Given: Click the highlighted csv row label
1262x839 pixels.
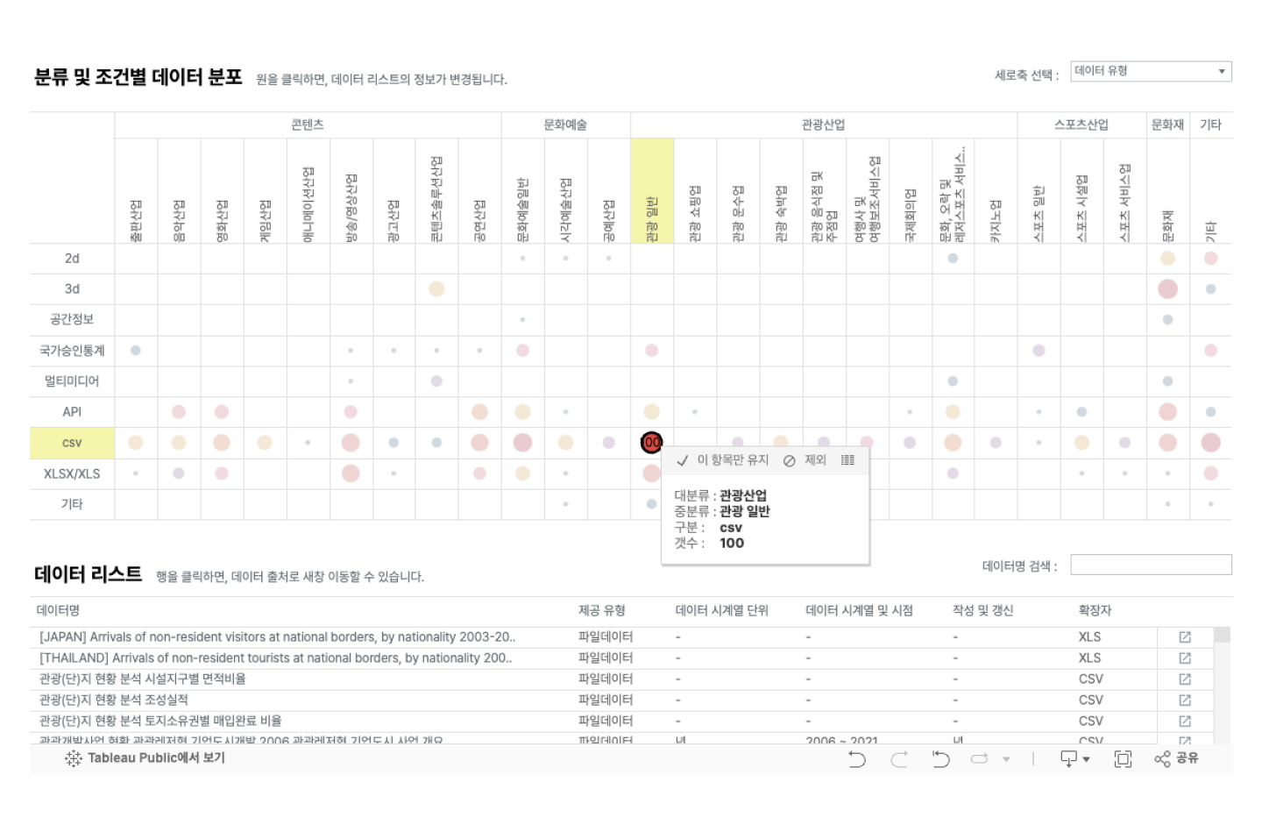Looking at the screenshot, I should [x=72, y=444].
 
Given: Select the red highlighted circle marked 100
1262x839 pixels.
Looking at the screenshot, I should [x=651, y=443].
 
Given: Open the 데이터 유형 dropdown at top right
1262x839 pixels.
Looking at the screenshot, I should [x=1151, y=71].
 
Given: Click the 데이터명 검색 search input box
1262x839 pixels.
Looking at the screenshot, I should [x=1151, y=565].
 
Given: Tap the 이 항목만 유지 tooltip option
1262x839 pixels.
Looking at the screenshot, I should [x=723, y=460].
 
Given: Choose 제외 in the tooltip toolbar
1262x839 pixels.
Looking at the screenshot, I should [x=805, y=460].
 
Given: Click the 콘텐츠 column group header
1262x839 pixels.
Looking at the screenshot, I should [x=308, y=124].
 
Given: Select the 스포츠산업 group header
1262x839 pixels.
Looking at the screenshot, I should [x=1081, y=124].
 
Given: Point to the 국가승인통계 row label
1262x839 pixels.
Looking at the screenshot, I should [x=72, y=351].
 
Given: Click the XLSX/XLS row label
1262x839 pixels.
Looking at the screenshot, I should [x=72, y=473].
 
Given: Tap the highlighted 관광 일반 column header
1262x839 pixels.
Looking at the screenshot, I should [x=652, y=191].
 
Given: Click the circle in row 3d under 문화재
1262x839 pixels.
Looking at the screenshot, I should [x=1167, y=288].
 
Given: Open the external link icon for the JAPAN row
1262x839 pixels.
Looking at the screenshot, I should [x=1185, y=637].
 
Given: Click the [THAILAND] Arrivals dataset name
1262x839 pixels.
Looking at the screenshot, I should [x=275, y=658].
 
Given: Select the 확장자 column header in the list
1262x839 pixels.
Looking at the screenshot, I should [x=1095, y=610].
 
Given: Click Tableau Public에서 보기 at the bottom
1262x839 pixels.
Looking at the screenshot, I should [x=146, y=758].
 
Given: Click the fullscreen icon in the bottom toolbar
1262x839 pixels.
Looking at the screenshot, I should [x=1123, y=759].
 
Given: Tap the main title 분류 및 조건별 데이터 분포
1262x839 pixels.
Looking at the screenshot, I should [x=138, y=77].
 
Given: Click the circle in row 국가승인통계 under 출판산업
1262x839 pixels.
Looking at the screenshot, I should [x=136, y=351].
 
